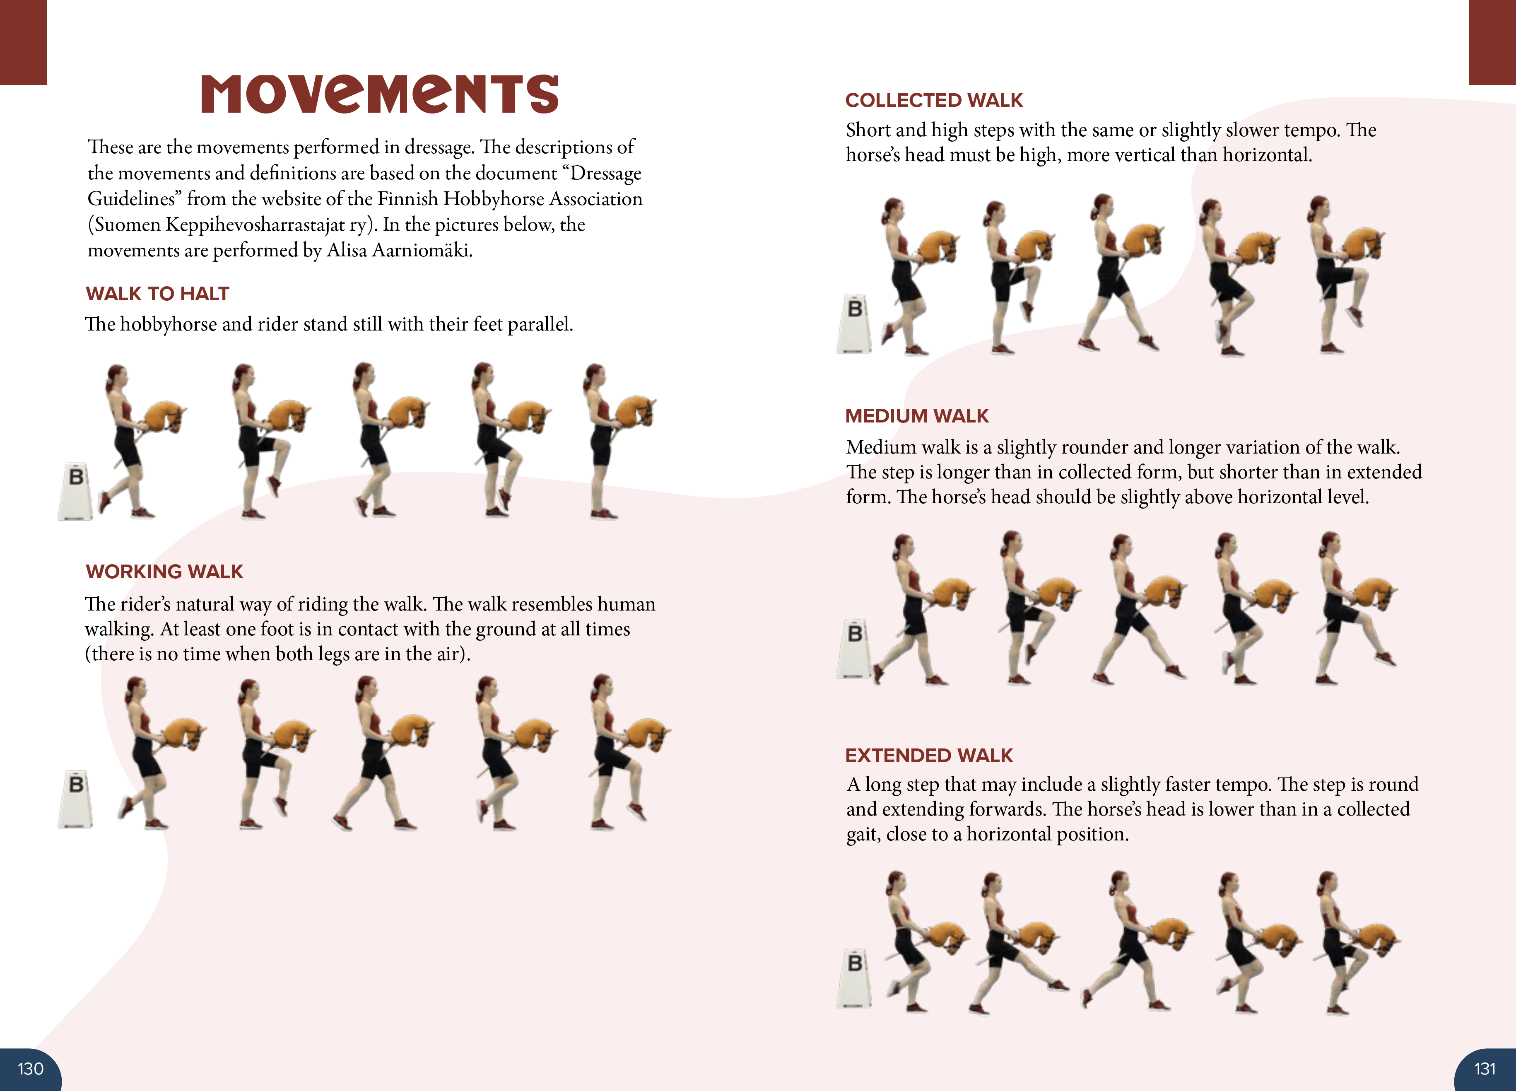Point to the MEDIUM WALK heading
tap(916, 416)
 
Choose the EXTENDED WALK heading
tap(928, 755)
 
